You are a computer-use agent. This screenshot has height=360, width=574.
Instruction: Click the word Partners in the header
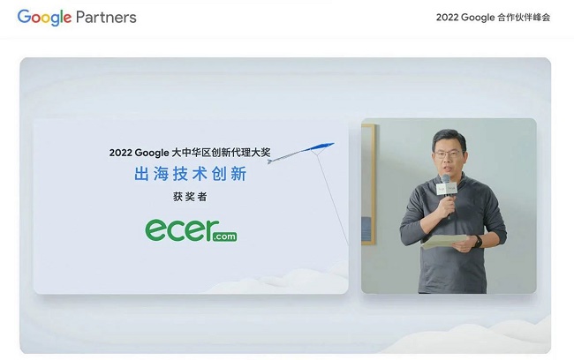pyautogui.click(x=106, y=17)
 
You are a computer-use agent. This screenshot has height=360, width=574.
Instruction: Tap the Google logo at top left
pyautogui.click(x=44, y=18)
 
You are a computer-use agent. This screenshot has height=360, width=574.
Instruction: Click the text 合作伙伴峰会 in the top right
pyautogui.click(x=524, y=17)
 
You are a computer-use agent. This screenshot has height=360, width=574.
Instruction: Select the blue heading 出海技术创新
pyautogui.click(x=191, y=174)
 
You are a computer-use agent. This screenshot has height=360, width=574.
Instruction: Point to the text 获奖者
pyautogui.click(x=190, y=197)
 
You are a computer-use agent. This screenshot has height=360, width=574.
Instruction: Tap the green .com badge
pyautogui.click(x=224, y=236)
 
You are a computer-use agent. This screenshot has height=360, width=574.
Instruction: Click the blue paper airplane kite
pyautogui.click(x=301, y=153)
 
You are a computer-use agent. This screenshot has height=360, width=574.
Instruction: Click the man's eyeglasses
pyautogui.click(x=448, y=154)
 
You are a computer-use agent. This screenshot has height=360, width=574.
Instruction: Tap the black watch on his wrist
pyautogui.click(x=478, y=242)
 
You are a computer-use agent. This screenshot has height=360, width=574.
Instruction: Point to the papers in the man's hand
pyautogui.click(x=444, y=242)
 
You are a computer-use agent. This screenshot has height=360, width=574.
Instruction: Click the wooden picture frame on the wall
pyautogui.click(x=368, y=184)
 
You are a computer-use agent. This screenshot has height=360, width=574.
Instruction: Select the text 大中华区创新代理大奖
pyautogui.click(x=221, y=152)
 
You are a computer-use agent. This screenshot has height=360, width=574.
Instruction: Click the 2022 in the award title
pyautogui.click(x=120, y=153)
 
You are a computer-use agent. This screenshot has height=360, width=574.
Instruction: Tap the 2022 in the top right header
pyautogui.click(x=447, y=17)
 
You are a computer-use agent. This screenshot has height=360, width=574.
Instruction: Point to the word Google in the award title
pyautogui.click(x=152, y=153)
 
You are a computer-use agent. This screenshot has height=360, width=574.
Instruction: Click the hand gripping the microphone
pyautogui.click(x=448, y=206)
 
